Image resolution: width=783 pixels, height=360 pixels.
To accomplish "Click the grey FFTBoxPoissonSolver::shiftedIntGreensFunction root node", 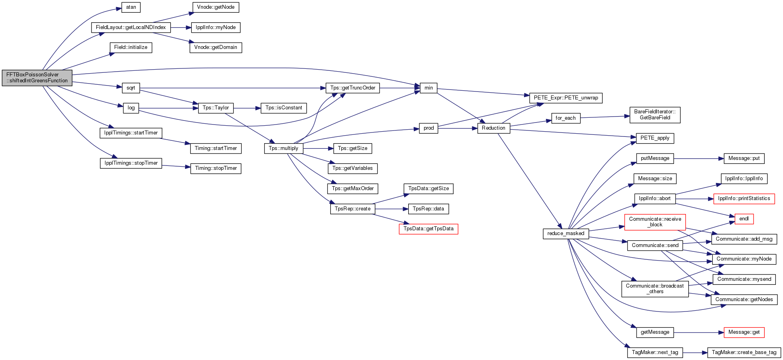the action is pyautogui.click(x=37, y=78).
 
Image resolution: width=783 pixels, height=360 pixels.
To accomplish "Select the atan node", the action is pyautogui.click(x=131, y=7).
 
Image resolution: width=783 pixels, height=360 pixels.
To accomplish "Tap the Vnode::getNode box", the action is pyautogui.click(x=216, y=7).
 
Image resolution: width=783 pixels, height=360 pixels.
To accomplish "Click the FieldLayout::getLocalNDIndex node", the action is pyautogui.click(x=131, y=27).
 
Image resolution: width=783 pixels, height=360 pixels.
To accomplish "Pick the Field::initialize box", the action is pyautogui.click(x=131, y=47).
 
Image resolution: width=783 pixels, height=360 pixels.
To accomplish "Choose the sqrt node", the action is pyautogui.click(x=131, y=88).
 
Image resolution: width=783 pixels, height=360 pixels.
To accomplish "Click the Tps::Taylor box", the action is pyautogui.click(x=216, y=108).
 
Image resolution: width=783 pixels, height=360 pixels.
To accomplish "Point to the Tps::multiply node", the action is pyautogui.click(x=283, y=148).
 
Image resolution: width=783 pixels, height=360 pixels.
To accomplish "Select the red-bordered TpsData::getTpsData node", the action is pyautogui.click(x=429, y=229).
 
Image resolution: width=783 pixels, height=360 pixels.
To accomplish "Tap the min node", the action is pyautogui.click(x=429, y=88).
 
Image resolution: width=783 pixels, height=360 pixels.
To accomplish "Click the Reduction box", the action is pyautogui.click(x=493, y=128).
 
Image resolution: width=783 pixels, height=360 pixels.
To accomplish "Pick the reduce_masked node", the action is pyautogui.click(x=566, y=234).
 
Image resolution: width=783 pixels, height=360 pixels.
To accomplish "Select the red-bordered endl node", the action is pyautogui.click(x=744, y=219).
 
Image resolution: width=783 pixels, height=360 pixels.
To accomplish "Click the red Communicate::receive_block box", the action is pyautogui.click(x=655, y=222).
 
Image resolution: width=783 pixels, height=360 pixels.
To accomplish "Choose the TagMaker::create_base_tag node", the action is pyautogui.click(x=744, y=352).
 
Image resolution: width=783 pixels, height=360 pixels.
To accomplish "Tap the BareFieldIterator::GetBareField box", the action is pyautogui.click(x=655, y=115).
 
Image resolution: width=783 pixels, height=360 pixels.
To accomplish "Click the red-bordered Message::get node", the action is pyautogui.click(x=744, y=332).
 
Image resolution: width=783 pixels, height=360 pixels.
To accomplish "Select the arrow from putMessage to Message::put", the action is pyautogui.click(x=699, y=158).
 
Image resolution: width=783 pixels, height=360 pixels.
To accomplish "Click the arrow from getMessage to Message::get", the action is pyautogui.click(x=699, y=333).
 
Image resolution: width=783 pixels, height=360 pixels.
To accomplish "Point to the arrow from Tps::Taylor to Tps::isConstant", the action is pyautogui.click(x=247, y=108).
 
